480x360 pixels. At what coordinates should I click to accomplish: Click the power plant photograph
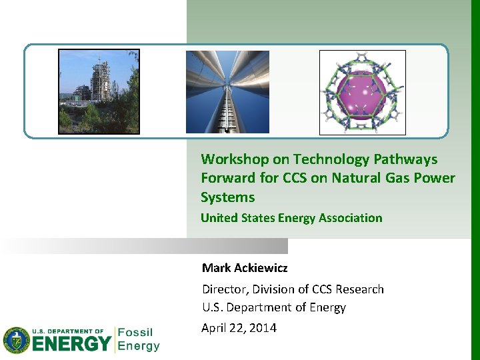point(99,91)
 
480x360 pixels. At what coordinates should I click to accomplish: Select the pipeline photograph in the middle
point(227,92)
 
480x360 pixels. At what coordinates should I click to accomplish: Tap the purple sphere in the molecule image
point(362,92)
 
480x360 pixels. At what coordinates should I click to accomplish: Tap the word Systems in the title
point(227,197)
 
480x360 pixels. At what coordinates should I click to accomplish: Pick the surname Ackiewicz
point(261,268)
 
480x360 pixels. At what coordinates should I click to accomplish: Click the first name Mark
point(217,268)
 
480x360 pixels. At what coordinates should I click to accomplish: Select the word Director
point(224,289)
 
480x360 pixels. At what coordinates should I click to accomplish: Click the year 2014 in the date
point(262,328)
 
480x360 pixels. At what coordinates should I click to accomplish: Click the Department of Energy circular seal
point(17,340)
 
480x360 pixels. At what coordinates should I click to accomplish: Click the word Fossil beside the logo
point(135,332)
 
